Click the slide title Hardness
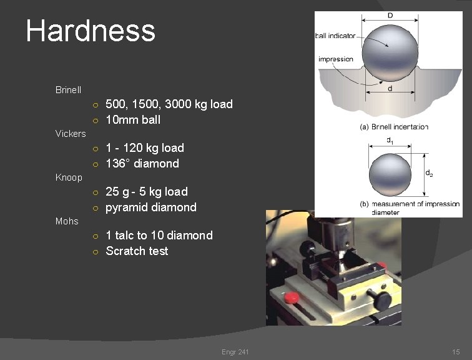[x=91, y=31]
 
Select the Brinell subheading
[x=68, y=90]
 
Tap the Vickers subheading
[x=71, y=134]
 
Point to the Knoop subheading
[x=69, y=177]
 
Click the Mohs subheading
[x=67, y=221]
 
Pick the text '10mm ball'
[x=133, y=120]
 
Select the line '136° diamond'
[x=142, y=164]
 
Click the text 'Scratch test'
[x=137, y=251]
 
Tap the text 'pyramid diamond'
[x=151, y=207]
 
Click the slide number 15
[x=456, y=352]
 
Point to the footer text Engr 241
[x=235, y=352]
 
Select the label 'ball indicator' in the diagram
[x=335, y=36]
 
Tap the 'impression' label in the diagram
[x=335, y=59]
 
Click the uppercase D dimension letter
[x=390, y=15]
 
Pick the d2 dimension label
[x=430, y=173]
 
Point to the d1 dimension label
[x=390, y=141]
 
